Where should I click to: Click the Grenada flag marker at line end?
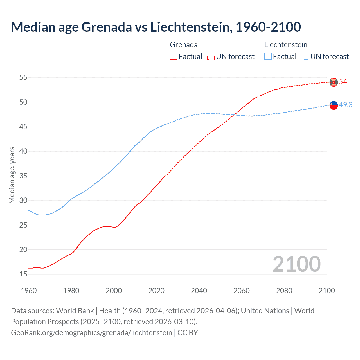point(334,82)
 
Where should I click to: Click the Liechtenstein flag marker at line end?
point(334,105)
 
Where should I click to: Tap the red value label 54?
point(343,82)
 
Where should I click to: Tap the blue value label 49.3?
point(346,105)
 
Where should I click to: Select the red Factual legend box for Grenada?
point(174,57)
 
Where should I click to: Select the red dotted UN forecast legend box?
point(211,57)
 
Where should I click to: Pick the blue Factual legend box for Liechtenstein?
point(268,57)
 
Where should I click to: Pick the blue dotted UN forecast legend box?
point(305,57)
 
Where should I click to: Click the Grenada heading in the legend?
point(184,45)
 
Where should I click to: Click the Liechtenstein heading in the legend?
point(286,45)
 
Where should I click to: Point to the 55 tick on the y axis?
point(23,77)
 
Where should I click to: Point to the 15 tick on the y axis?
point(23,274)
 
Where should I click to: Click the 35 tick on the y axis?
point(23,176)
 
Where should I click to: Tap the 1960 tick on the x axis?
point(29,291)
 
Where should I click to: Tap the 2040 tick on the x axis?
point(199,291)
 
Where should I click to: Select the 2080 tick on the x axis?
point(284,291)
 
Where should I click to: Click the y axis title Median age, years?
point(12,175)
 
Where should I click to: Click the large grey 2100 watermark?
point(296,264)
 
